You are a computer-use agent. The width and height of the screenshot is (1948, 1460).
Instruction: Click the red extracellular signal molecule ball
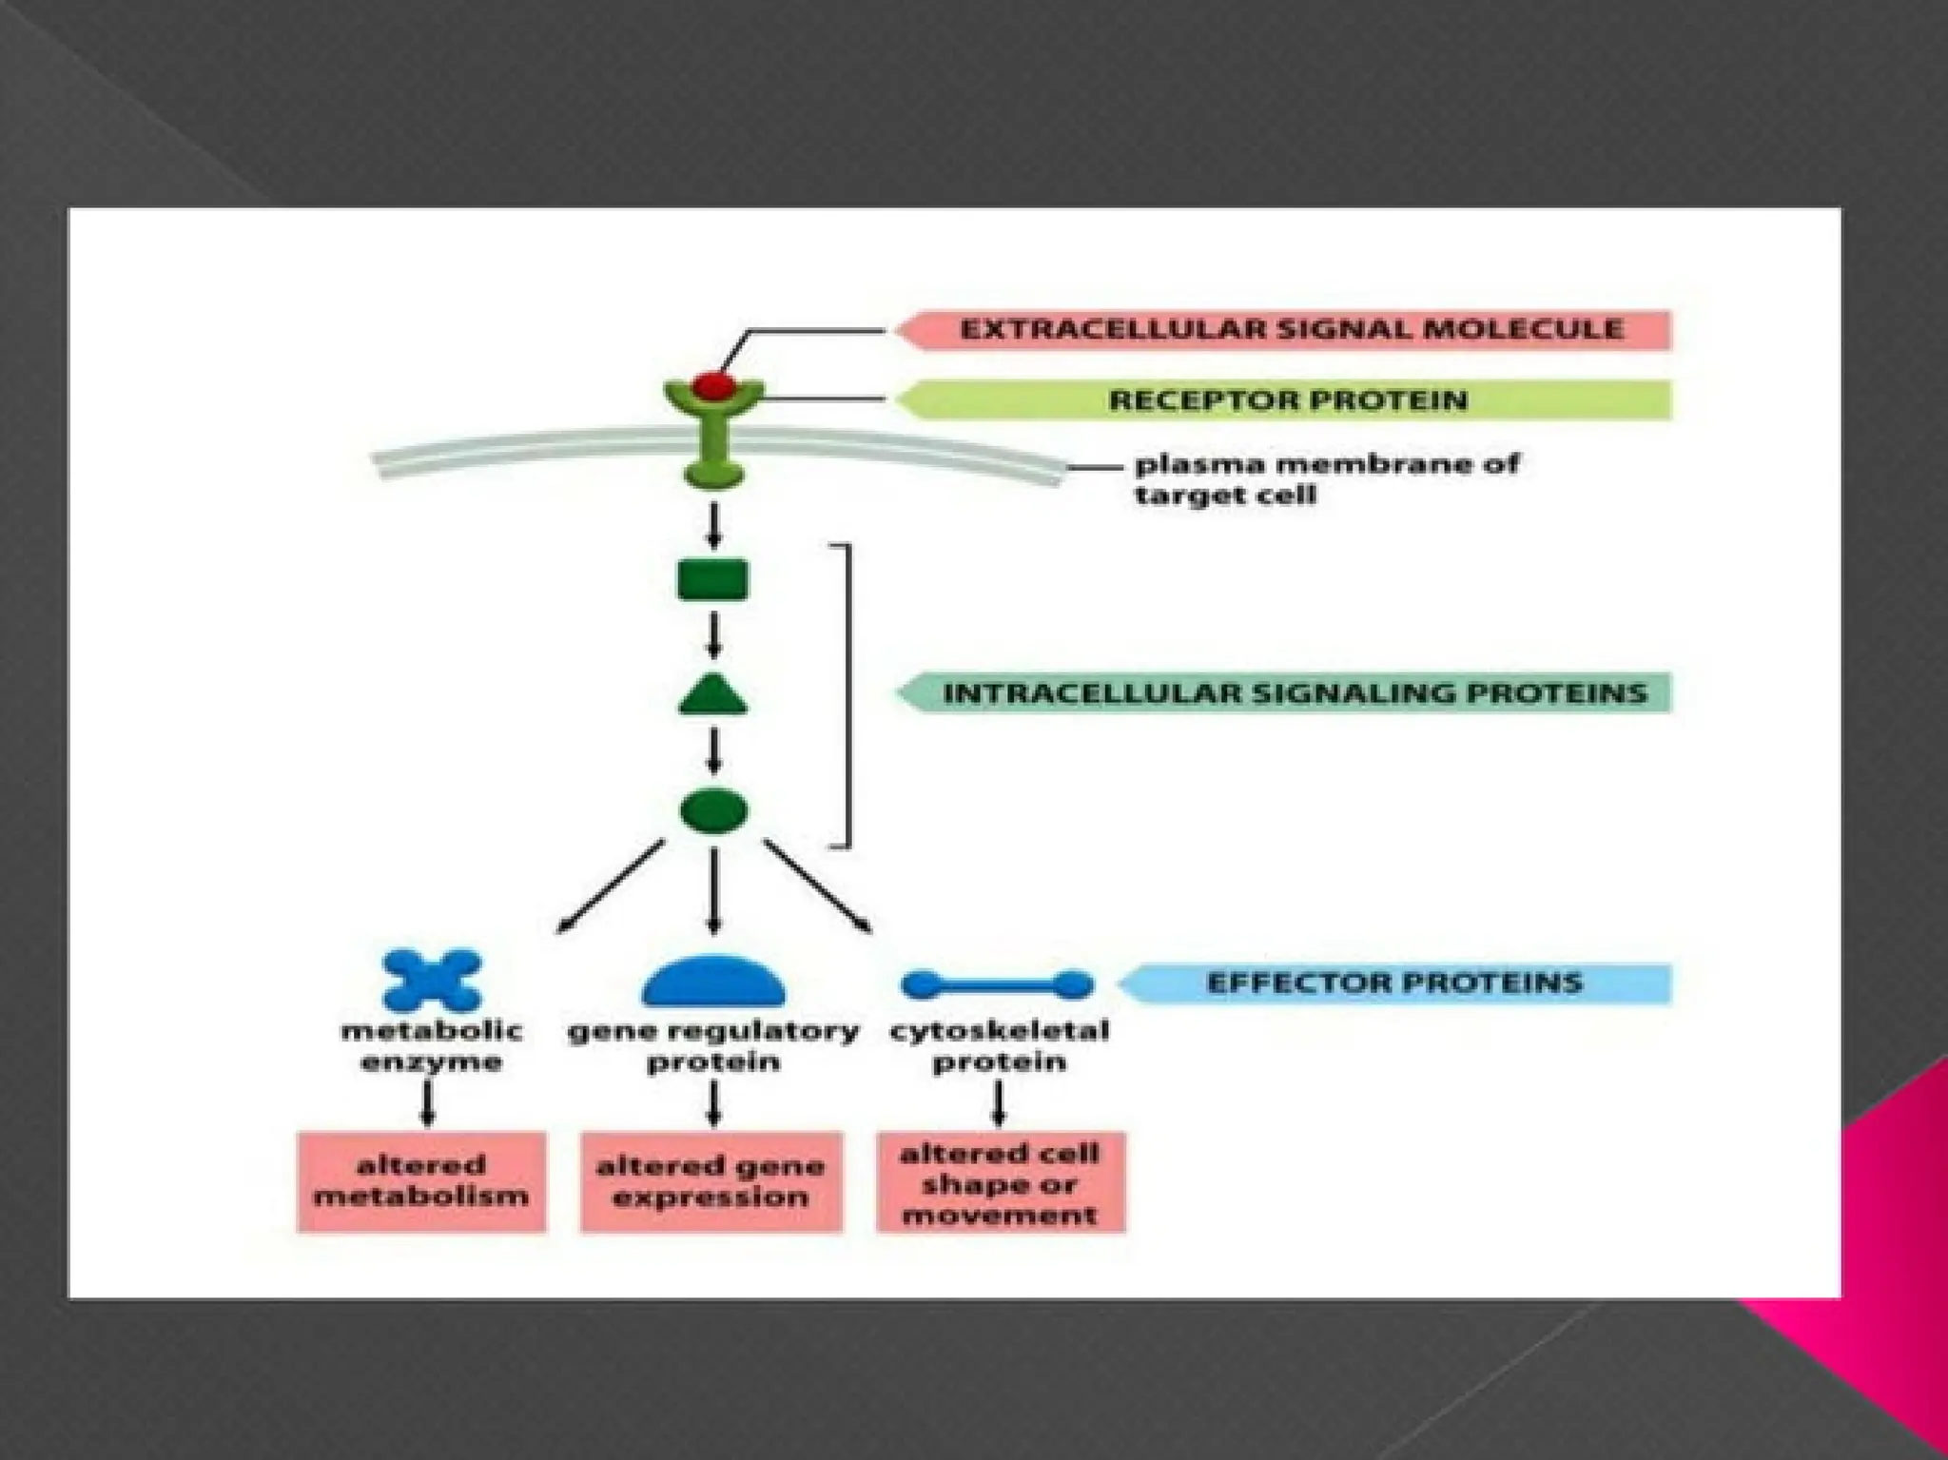[713, 385]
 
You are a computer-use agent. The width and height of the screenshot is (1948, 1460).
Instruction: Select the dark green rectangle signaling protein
[713, 580]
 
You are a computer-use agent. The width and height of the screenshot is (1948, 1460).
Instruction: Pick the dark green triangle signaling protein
[713, 697]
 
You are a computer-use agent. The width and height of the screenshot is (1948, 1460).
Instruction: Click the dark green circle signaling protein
[713, 811]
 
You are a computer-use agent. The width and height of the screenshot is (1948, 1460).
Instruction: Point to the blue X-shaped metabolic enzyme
[432, 981]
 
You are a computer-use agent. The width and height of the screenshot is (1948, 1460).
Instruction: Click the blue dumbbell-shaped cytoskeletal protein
[997, 984]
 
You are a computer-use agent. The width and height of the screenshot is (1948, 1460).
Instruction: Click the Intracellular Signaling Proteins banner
[1289, 692]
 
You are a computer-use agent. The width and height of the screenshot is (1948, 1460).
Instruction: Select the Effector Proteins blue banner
[1393, 983]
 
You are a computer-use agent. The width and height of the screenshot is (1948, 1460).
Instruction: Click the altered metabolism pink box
[421, 1181]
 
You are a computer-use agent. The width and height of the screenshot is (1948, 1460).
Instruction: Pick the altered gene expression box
[711, 1181]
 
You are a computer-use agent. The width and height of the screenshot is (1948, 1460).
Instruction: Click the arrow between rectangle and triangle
[713, 635]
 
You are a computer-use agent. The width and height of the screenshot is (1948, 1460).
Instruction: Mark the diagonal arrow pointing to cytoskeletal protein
[818, 886]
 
